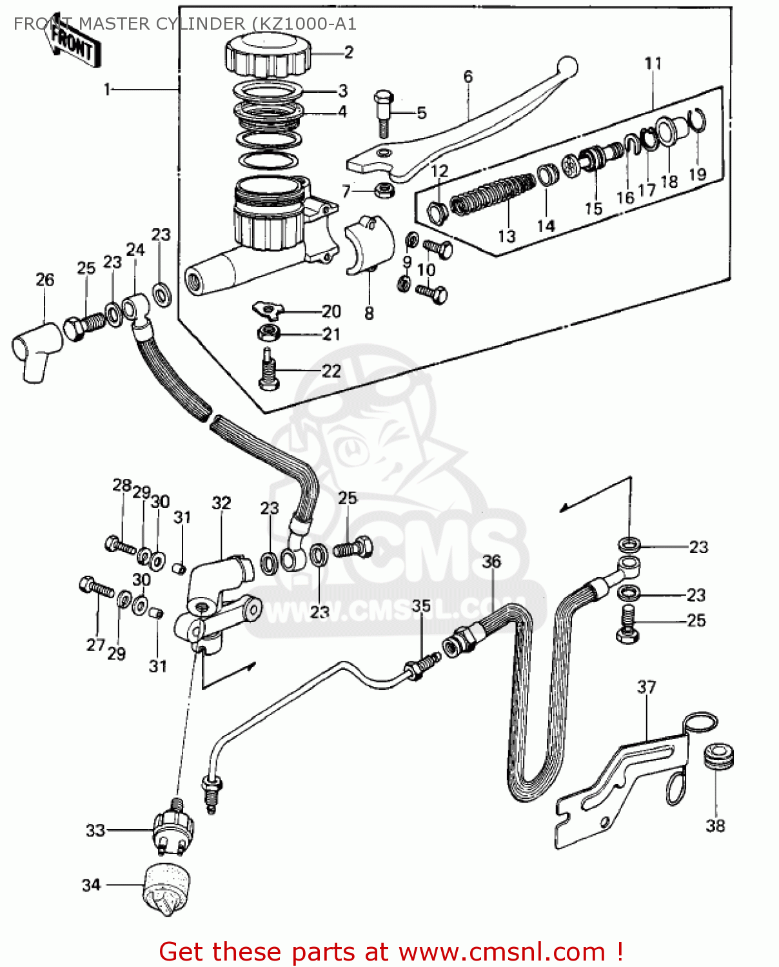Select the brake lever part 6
pos(471,129)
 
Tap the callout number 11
pos(653,64)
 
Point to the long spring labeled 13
pos(491,193)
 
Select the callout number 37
pos(646,687)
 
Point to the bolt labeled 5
pos(382,112)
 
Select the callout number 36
pos(491,562)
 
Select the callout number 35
pos(421,606)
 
